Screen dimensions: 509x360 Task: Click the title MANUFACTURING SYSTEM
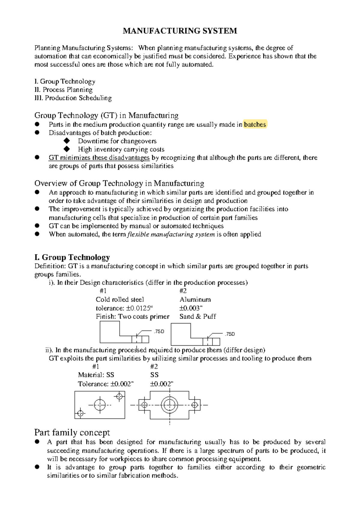180,31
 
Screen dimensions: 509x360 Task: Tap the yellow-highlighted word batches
255,124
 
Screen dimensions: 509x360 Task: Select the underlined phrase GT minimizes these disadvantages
99,158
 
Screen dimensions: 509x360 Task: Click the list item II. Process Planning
64,90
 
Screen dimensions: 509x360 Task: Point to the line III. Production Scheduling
73,98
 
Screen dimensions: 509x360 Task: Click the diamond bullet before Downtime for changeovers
67,141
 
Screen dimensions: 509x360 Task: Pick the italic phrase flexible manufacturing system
171,234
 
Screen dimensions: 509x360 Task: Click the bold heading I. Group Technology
72,257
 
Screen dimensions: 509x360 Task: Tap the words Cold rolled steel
120,299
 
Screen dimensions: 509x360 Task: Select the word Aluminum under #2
195,299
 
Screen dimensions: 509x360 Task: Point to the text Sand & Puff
198,317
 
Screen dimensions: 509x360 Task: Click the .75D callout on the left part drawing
159,331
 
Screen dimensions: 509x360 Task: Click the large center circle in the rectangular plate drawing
100,405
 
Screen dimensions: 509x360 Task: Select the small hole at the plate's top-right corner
119,397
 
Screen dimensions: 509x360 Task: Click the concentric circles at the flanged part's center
170,405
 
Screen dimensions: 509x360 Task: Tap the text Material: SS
96,375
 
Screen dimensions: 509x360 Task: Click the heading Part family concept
72,433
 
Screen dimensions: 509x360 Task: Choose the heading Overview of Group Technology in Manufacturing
119,183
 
